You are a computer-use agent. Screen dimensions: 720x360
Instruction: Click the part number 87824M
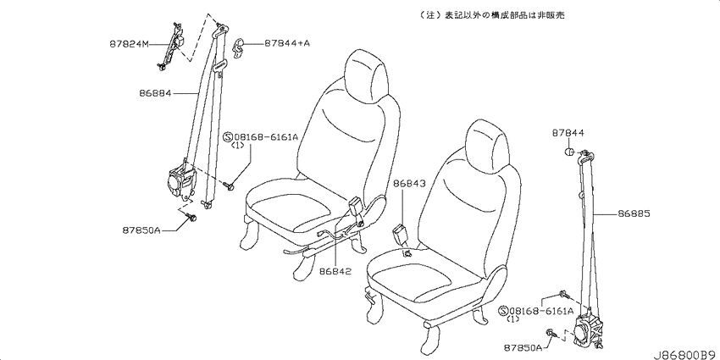click(130, 45)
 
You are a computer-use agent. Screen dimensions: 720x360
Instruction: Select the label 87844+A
click(287, 43)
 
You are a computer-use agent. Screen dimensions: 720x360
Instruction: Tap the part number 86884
click(155, 93)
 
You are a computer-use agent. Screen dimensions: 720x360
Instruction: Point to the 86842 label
click(335, 271)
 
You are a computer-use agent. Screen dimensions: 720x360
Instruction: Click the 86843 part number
click(410, 184)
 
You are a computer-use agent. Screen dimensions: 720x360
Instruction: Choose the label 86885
click(634, 214)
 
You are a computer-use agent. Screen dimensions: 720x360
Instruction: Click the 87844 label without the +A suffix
click(568, 133)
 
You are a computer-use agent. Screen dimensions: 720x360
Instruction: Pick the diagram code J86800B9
click(685, 355)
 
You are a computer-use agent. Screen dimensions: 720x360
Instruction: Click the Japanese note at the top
click(492, 15)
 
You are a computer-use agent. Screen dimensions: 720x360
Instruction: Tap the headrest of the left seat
click(367, 75)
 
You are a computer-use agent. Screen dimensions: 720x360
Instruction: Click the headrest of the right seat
click(488, 145)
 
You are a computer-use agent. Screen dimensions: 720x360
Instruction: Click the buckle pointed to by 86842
click(357, 208)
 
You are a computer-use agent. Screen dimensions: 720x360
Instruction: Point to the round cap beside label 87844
click(569, 152)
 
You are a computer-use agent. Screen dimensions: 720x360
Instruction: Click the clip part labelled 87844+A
click(238, 48)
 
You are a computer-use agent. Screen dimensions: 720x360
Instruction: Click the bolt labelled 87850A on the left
click(191, 217)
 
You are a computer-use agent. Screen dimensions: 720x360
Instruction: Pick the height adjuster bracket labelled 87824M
click(171, 46)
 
